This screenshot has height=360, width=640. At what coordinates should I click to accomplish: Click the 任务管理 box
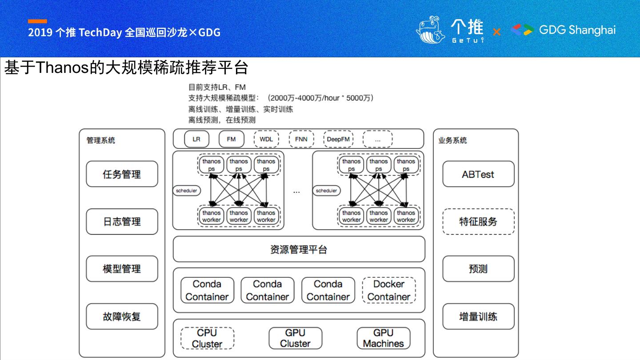coord(122,174)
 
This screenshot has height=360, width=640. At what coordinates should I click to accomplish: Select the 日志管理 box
coord(122,221)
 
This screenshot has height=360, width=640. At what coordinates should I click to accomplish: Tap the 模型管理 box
coord(122,269)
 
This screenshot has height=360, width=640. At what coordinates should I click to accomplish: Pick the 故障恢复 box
coord(122,316)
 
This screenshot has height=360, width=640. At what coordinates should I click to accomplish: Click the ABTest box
coord(478,174)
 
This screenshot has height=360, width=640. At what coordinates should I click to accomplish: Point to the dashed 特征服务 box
coord(478,221)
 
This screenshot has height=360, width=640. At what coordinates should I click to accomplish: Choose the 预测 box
coord(478,269)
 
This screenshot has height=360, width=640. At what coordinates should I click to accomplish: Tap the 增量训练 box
coord(478,316)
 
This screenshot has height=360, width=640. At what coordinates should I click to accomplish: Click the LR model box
coord(196,139)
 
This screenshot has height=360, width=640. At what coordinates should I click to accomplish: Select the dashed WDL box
coord(266,139)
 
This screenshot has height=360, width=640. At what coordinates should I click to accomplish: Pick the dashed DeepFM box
coord(338,139)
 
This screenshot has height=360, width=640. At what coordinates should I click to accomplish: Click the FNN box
coord(301,139)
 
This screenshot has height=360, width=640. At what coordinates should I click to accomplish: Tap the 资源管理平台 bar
coord(299,249)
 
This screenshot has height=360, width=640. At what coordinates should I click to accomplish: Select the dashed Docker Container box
coord(389,290)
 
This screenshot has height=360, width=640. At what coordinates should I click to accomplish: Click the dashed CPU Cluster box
coord(207,338)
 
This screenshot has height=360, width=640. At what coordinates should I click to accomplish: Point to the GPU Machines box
coord(383,338)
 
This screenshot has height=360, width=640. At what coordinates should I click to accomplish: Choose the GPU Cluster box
coord(295,338)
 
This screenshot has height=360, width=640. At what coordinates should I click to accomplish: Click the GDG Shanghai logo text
coord(577,30)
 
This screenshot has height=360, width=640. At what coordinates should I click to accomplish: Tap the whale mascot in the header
coord(430,30)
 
